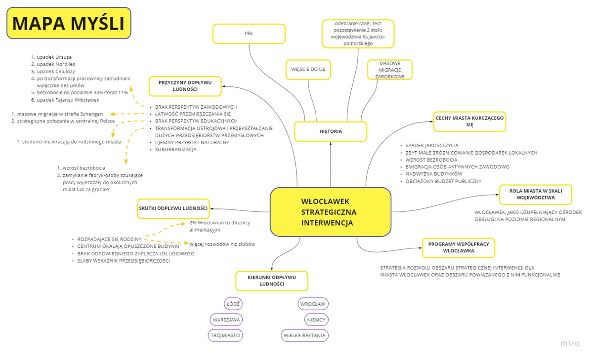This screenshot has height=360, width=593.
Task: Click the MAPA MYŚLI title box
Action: (68, 23)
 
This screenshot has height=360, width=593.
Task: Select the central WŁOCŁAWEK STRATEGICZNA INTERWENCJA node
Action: (330, 212)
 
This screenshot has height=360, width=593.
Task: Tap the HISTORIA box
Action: (330, 132)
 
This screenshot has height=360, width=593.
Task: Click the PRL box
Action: (249, 34)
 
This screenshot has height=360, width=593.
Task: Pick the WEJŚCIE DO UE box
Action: (308, 70)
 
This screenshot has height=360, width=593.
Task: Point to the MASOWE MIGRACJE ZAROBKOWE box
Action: (389, 70)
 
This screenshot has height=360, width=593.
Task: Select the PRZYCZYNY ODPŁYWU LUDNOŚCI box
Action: (185, 86)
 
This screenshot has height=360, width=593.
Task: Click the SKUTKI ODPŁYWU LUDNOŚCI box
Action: (173, 208)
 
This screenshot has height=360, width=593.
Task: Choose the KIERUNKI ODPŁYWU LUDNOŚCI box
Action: (271, 281)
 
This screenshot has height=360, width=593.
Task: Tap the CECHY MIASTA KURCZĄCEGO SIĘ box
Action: (469, 121)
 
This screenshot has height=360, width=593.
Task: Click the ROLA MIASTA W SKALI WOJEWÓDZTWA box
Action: (535, 194)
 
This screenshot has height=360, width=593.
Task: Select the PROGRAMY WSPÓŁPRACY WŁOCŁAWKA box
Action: (458, 247)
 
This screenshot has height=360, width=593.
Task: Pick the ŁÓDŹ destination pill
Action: (233, 304)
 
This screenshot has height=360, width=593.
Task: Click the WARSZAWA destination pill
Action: (226, 320)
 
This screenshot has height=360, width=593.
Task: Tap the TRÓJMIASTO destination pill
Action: (226, 335)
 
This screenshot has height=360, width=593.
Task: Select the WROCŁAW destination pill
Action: (312, 304)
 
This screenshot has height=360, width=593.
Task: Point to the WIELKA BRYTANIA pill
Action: (304, 335)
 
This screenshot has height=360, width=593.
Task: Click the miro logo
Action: (570, 344)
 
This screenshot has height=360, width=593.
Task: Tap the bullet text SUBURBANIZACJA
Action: (175, 150)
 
